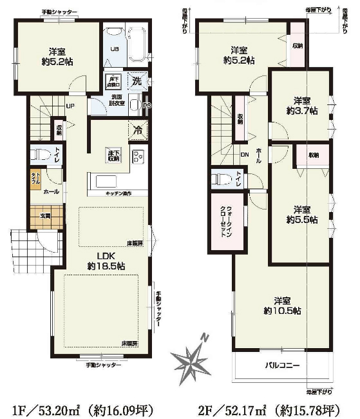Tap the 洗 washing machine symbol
137,81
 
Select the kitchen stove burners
138,157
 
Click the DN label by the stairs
244,155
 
